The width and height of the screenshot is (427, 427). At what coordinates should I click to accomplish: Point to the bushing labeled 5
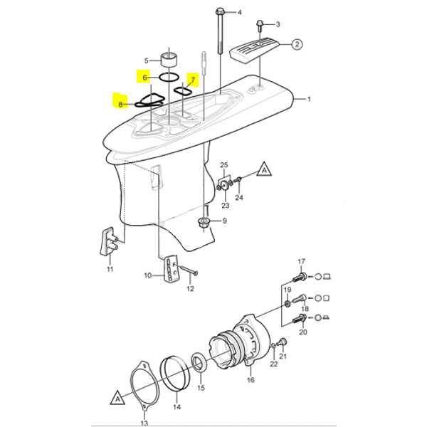(169, 57)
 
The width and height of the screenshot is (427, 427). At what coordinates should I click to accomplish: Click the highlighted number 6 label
(144, 76)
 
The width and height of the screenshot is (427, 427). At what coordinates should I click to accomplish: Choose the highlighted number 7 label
(191, 78)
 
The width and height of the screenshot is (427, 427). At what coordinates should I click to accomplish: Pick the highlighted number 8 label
(121, 103)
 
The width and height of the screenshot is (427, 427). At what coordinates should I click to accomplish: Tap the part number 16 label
(250, 381)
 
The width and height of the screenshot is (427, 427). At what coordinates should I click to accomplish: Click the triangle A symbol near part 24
(263, 172)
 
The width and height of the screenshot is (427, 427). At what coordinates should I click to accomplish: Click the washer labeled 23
(223, 186)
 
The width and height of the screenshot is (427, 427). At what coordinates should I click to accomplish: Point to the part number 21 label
(283, 357)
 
